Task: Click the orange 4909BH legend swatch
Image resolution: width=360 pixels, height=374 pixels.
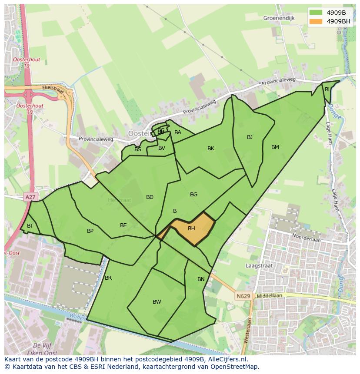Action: pyautogui.click(x=316, y=21)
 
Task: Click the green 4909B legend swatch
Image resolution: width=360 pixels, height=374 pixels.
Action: pyautogui.click(x=316, y=13)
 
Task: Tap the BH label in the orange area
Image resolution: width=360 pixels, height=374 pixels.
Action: pyautogui.click(x=191, y=228)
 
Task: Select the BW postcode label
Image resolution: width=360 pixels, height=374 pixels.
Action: pyautogui.click(x=157, y=302)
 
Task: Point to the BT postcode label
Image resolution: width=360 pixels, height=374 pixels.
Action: pyautogui.click(x=30, y=226)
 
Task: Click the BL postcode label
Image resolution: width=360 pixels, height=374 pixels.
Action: pyautogui.click(x=327, y=89)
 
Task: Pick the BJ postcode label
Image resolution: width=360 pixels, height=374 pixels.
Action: pyautogui.click(x=250, y=137)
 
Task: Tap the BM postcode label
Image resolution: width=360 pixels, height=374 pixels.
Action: pyautogui.click(x=275, y=147)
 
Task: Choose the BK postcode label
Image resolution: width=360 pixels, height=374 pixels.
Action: pyautogui.click(x=211, y=149)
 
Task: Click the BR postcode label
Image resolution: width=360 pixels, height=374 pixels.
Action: pyautogui.click(x=108, y=278)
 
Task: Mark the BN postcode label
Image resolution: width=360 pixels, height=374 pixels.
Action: pyautogui.click(x=201, y=279)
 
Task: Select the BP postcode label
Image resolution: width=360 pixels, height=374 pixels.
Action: pyautogui.click(x=90, y=231)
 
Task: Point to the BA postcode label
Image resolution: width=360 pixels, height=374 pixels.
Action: pyautogui.click(x=177, y=132)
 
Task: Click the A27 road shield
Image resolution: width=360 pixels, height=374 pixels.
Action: pyautogui.click(x=30, y=197)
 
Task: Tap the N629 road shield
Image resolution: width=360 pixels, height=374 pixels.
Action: pyautogui.click(x=243, y=296)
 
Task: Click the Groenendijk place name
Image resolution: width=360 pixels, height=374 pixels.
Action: pyautogui.click(x=279, y=18)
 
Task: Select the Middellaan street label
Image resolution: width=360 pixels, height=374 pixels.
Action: pyautogui.click(x=270, y=295)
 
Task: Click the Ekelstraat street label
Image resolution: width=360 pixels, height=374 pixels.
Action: pyautogui.click(x=53, y=89)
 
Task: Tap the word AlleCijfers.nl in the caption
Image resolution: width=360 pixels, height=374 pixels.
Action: pyautogui.click(x=227, y=360)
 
